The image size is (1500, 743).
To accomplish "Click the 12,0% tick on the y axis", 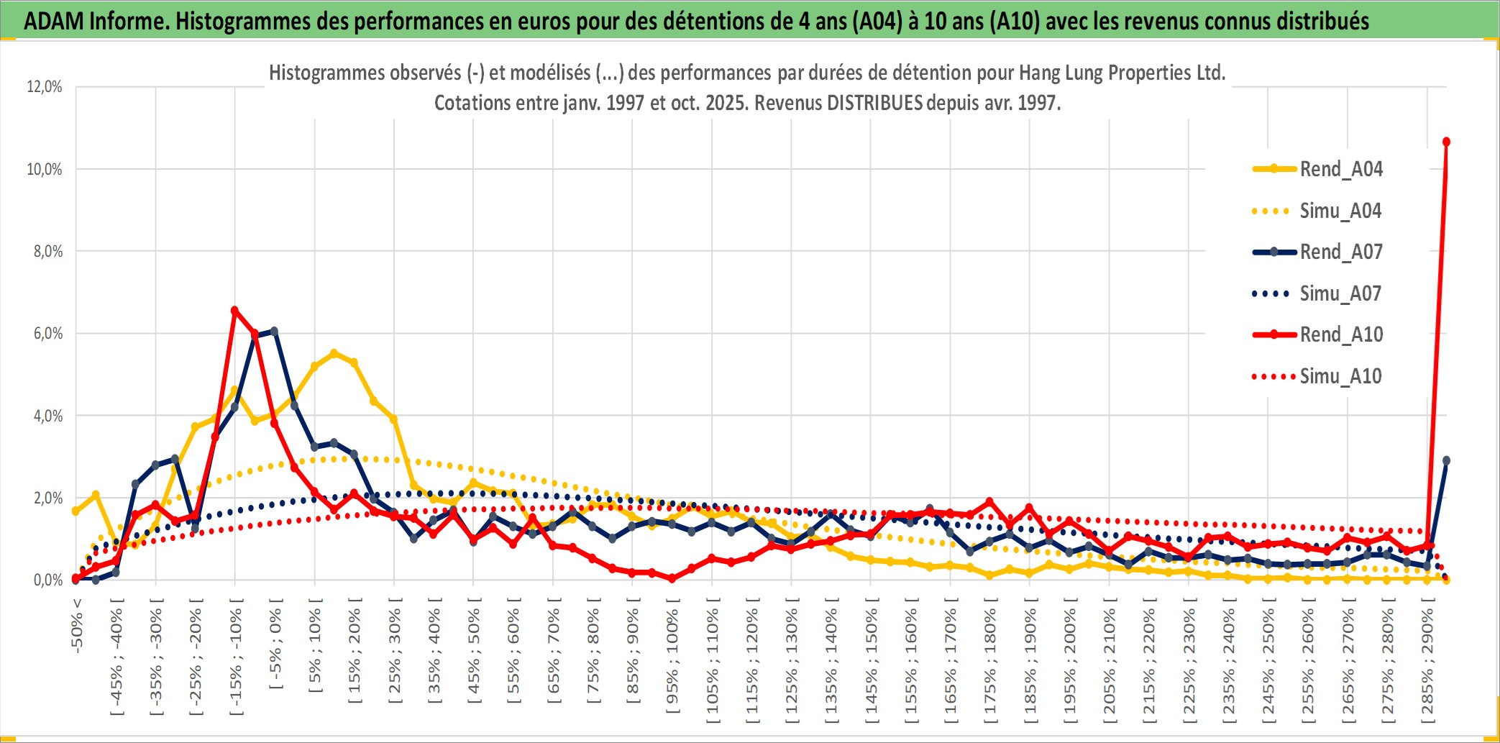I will pos(45,87).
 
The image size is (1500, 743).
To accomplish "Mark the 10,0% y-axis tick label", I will pos(45,170).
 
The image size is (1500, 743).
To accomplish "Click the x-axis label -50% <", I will pos(77,626).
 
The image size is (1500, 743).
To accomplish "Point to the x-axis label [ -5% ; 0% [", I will pos(275,647).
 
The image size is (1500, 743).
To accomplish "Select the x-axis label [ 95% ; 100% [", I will pos(672,662).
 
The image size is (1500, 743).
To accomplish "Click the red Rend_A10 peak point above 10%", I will pos(1446,142).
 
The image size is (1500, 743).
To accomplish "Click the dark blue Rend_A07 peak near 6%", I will pos(274,332).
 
